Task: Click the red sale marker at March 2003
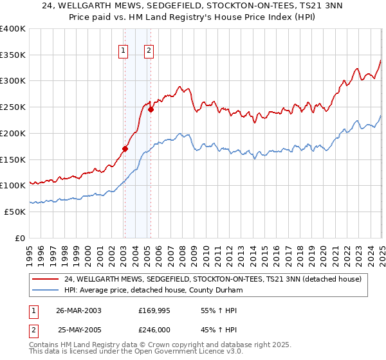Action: pyautogui.click(x=125, y=148)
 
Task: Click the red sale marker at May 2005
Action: pyautogui.click(x=151, y=109)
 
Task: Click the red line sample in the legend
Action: pyautogui.click(x=46, y=279)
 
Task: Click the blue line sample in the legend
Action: pyautogui.click(x=46, y=290)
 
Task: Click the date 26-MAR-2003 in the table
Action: pyautogui.click(x=78, y=310)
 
